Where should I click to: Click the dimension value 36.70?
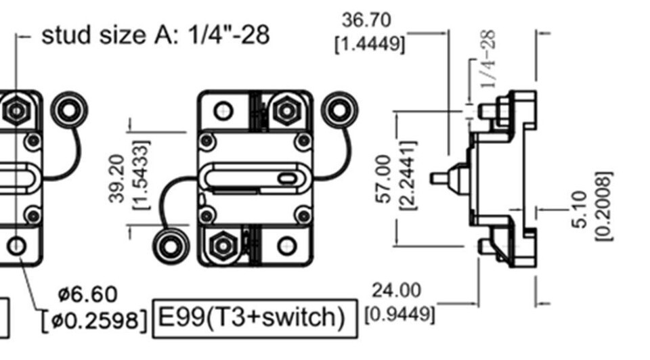(x=366, y=20)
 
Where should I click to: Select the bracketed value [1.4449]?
(x=370, y=44)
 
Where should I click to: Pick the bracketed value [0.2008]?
(x=603, y=206)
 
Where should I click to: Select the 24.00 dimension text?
(x=396, y=290)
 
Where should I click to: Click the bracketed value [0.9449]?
(x=399, y=315)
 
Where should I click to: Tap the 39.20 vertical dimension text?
(x=117, y=177)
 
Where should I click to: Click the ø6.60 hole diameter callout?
(x=87, y=294)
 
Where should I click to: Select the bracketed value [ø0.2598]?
(x=94, y=319)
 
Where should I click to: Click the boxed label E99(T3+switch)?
(x=256, y=317)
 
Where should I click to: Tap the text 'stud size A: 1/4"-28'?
(x=155, y=35)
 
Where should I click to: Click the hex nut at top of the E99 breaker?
(x=286, y=109)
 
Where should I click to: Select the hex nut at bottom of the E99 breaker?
(x=223, y=245)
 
